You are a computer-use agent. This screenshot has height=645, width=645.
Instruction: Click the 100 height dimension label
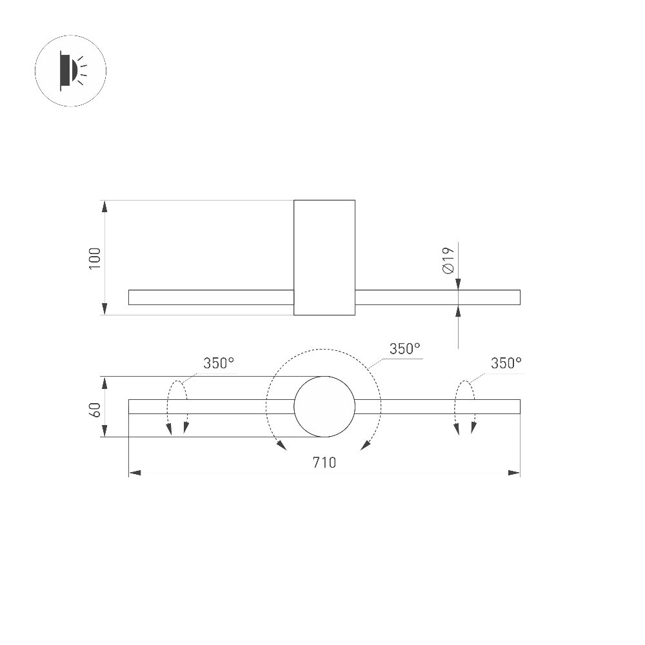[95, 259]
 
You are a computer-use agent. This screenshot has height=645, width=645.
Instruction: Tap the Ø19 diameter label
[448, 261]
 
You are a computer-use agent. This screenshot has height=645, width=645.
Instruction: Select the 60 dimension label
[95, 410]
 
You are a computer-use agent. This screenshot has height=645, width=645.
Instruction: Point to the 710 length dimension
[324, 462]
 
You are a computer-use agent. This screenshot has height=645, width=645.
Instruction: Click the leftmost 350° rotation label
[219, 363]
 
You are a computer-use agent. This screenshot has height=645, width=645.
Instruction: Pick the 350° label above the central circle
[405, 349]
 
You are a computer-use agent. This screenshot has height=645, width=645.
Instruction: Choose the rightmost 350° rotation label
[506, 363]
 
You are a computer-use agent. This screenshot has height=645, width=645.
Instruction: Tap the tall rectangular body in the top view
[324, 257]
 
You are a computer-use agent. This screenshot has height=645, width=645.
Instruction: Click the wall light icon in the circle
[71, 71]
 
